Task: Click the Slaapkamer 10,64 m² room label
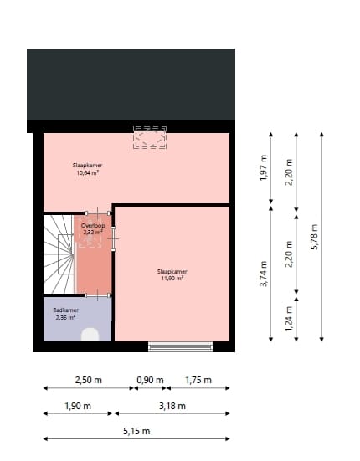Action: click(x=87, y=170)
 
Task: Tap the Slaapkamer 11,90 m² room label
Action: click(x=172, y=274)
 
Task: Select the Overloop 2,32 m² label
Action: click(x=92, y=229)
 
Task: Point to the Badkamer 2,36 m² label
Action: click(x=65, y=314)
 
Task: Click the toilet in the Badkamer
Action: click(x=90, y=335)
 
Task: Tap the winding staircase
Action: click(x=59, y=251)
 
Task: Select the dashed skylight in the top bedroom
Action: click(x=150, y=138)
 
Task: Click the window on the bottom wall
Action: click(x=181, y=346)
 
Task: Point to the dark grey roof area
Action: click(x=131, y=84)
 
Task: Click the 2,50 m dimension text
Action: click(x=89, y=380)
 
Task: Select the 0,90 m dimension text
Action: click(x=150, y=380)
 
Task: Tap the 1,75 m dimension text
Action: click(x=198, y=380)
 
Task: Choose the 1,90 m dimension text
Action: click(x=78, y=406)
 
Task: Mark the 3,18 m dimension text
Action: click(x=172, y=406)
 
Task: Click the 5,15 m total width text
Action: click(x=136, y=431)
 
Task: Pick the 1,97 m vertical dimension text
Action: click(x=263, y=168)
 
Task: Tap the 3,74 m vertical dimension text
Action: click(x=263, y=274)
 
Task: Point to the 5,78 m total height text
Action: click(x=315, y=236)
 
